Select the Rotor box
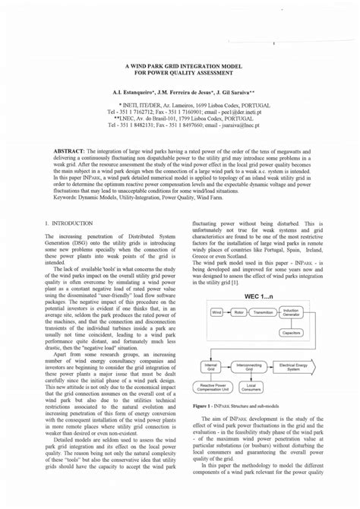(x=239, y=312)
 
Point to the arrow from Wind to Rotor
(x=228, y=312)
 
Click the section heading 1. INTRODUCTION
(x=69, y=223)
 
